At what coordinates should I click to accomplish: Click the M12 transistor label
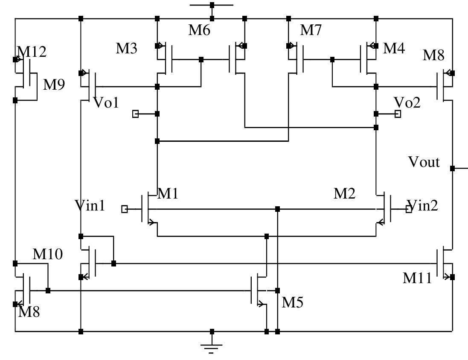pos(32,52)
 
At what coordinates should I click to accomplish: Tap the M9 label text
pos(54,85)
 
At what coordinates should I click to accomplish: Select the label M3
pos(127,49)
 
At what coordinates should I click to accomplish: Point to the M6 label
pos(200,30)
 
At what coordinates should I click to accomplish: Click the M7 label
pos(311,30)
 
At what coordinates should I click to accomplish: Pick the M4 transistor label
pos(394,48)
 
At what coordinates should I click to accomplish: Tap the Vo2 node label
pos(407,102)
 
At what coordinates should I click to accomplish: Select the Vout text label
pos(424,162)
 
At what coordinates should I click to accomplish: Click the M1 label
pos(168,194)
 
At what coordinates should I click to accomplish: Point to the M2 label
pos(344,194)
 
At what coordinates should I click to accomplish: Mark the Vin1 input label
pos(90,206)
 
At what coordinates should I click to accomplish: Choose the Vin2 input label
pos(423,206)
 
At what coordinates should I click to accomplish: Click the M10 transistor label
pos(48,255)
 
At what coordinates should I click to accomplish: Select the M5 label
pos(292,302)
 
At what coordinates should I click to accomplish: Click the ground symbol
pos(212,347)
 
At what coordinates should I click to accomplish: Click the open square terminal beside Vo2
pos(398,114)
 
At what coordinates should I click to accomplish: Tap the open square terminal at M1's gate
pos(125,209)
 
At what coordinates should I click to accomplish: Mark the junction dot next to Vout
pos(453,169)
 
